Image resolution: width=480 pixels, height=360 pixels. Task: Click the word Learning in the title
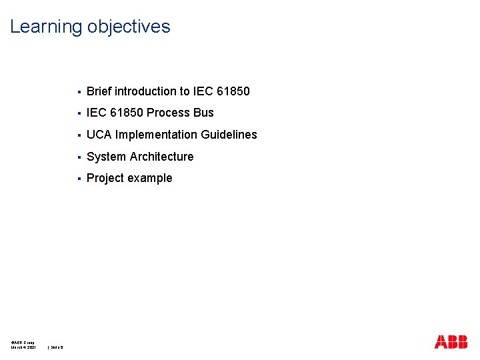pyautogui.click(x=45, y=27)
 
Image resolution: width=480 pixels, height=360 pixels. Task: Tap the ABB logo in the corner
pyautogui.click(x=451, y=341)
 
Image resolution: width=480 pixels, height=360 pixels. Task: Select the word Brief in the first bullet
pyautogui.click(x=99, y=91)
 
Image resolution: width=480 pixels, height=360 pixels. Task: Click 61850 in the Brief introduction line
pyautogui.click(x=233, y=91)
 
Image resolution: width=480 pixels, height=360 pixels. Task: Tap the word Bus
pyautogui.click(x=203, y=113)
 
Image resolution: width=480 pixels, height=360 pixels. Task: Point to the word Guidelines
pyautogui.click(x=230, y=135)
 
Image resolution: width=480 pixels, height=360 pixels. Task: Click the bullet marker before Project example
pyautogui.click(x=79, y=179)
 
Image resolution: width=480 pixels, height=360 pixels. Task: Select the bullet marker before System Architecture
pyautogui.click(x=79, y=157)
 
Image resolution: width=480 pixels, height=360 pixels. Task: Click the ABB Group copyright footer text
pyautogui.click(x=23, y=342)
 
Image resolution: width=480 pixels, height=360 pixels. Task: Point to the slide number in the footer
pyautogui.click(x=56, y=347)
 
